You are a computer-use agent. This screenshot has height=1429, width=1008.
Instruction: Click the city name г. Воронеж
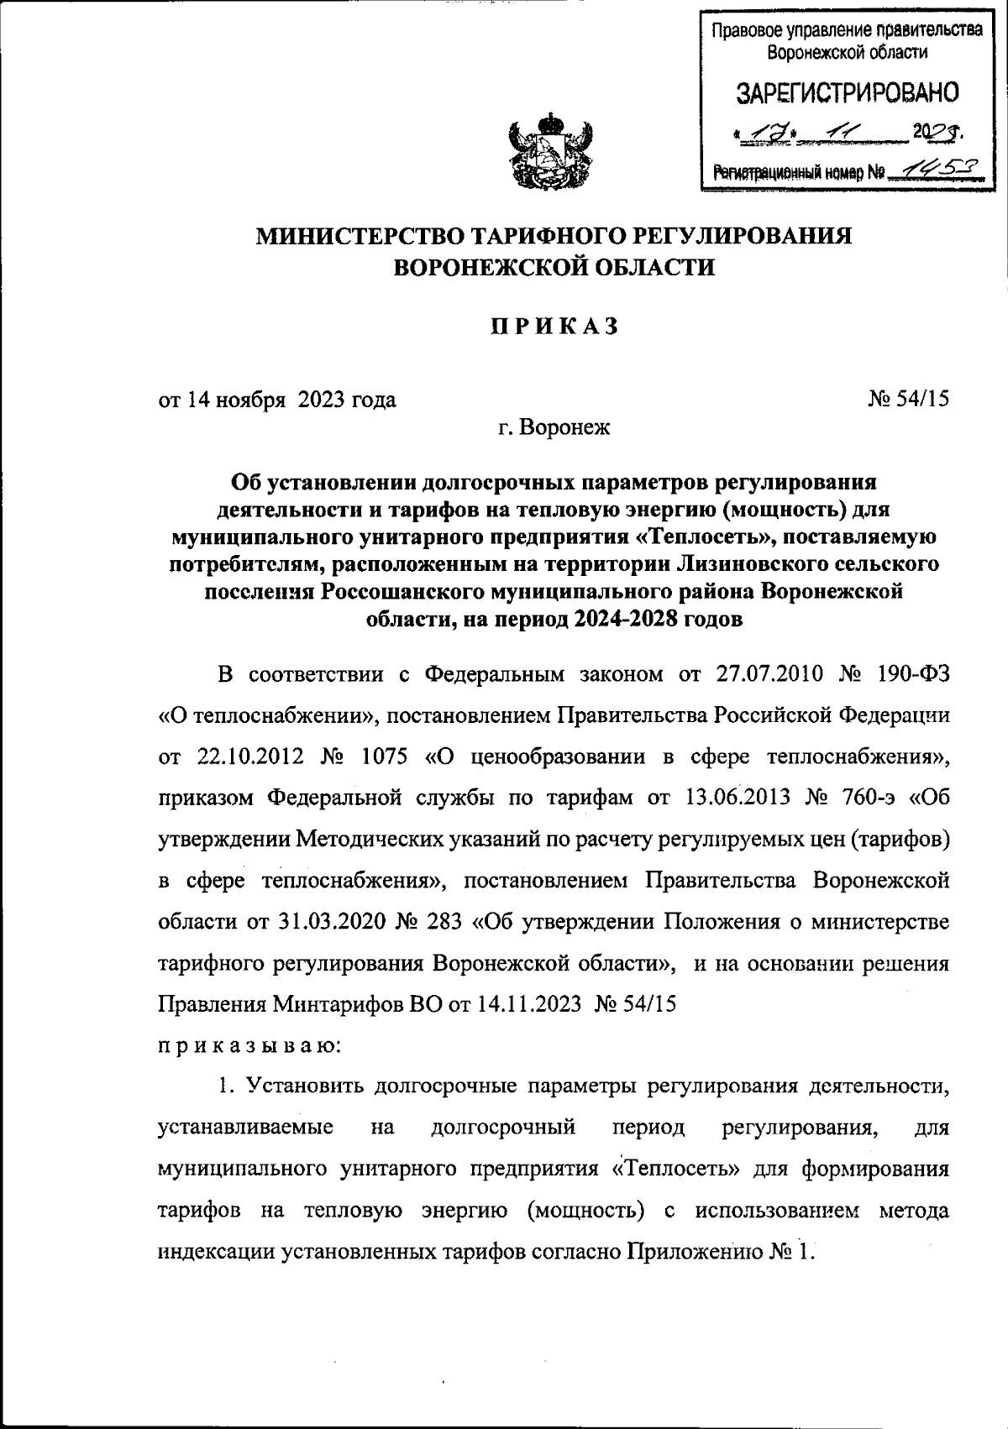click(x=554, y=428)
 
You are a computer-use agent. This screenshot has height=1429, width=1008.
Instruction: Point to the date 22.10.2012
click(x=240, y=756)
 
